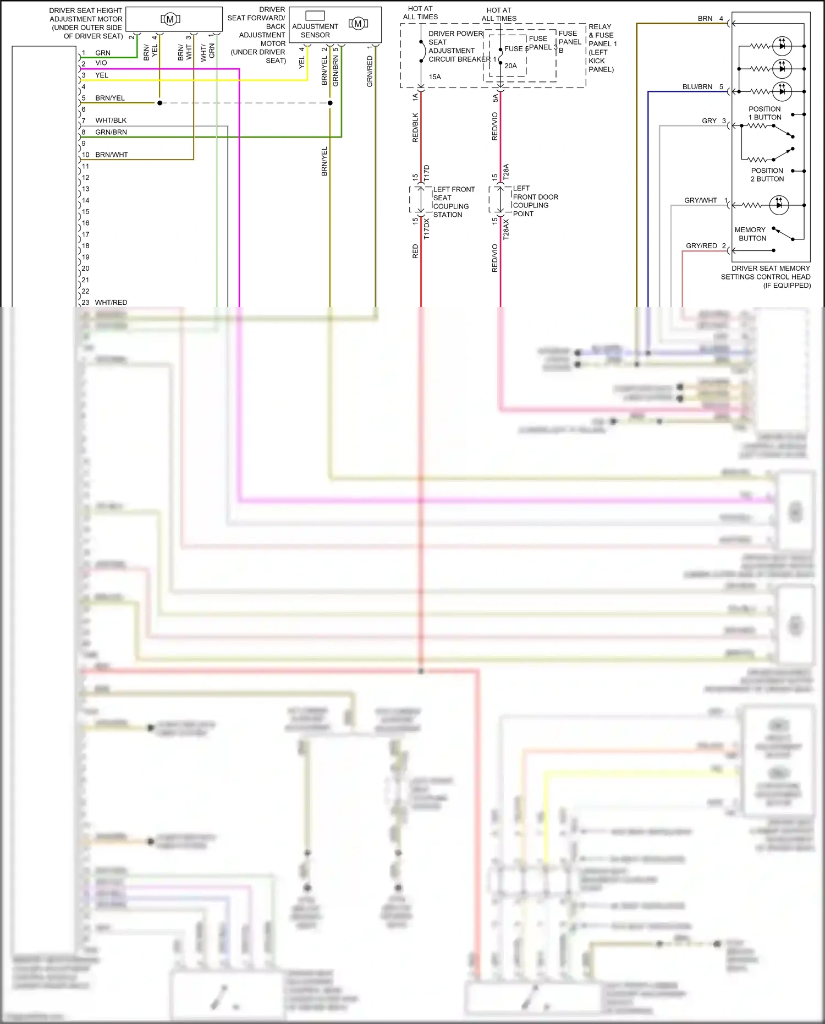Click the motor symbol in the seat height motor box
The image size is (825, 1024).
tap(170, 19)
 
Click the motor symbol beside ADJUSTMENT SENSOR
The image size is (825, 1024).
tap(358, 24)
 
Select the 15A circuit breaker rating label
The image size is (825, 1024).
tap(435, 77)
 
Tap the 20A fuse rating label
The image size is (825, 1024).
tap(510, 66)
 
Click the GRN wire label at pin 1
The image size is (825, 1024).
tap(103, 53)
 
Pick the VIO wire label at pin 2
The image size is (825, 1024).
tap(101, 63)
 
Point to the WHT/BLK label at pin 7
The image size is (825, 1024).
tap(111, 121)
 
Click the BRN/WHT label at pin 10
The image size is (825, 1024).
tap(111, 155)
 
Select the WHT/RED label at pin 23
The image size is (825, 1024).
tap(111, 303)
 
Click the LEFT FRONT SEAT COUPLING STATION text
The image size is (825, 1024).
tap(453, 202)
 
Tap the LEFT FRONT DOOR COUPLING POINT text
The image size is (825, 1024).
tap(535, 201)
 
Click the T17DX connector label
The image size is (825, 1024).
tap(427, 228)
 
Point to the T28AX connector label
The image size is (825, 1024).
tap(506, 229)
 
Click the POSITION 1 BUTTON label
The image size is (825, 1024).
tap(765, 113)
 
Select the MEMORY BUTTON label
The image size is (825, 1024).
tap(750, 234)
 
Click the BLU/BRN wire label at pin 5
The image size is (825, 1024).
tap(697, 87)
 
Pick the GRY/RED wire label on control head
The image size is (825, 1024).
tap(701, 246)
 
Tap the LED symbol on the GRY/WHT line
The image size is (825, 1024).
tap(779, 205)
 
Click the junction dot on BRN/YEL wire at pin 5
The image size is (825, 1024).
tap(160, 103)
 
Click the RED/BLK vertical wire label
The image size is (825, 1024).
tap(415, 128)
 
